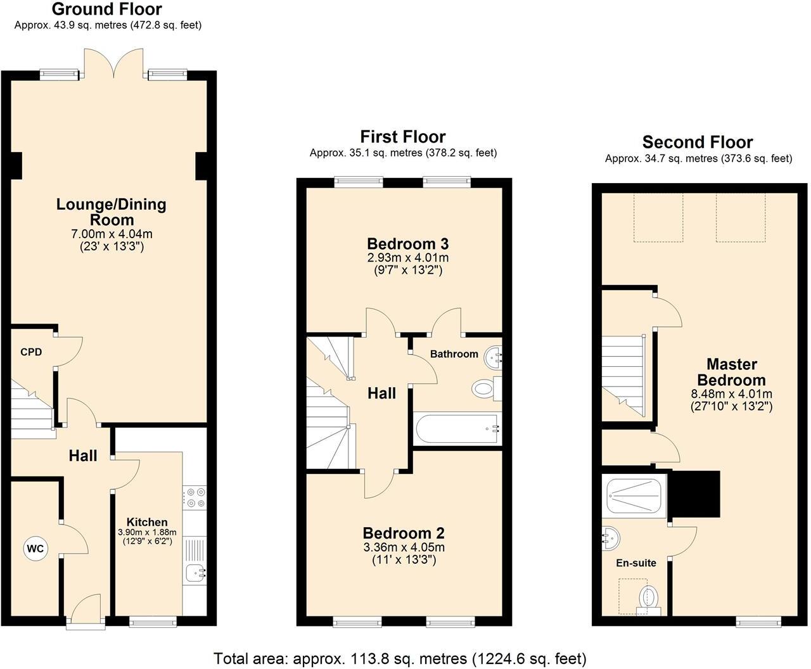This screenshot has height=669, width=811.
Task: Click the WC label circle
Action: point(35,549)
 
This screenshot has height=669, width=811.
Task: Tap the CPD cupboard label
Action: point(31,352)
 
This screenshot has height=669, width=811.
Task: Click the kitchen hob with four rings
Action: point(195,497)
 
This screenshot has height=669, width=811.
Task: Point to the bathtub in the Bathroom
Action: point(456,429)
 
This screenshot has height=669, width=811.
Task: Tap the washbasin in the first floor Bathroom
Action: point(492,359)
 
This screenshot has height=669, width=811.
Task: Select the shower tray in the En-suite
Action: point(634,495)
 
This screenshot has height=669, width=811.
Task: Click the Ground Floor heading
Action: point(106,10)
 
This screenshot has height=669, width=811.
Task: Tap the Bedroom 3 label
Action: point(407,244)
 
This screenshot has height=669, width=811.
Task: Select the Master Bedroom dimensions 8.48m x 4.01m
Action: point(731,394)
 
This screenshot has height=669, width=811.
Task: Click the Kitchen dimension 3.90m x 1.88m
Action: point(147,533)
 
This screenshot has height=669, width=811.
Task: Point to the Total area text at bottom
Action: point(400,658)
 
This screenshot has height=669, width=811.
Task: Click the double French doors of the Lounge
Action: point(115,64)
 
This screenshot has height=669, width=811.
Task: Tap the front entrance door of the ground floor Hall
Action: point(86,611)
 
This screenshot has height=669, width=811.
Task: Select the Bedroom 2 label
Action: point(403,533)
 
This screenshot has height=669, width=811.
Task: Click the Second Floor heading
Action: point(697,142)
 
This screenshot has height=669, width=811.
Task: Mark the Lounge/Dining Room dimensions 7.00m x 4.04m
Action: point(112,234)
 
